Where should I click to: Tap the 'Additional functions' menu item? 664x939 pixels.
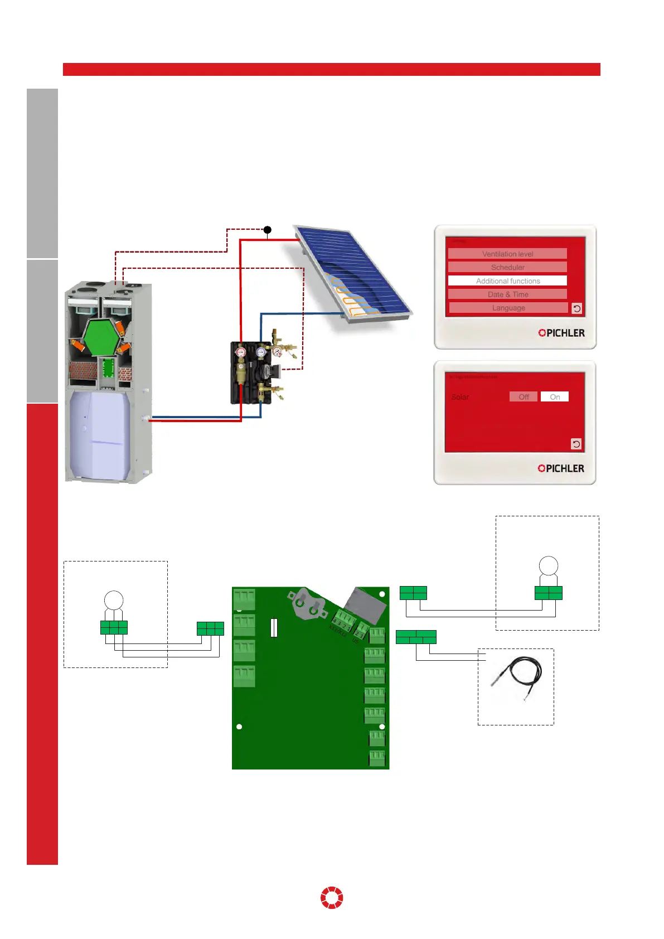[x=507, y=281]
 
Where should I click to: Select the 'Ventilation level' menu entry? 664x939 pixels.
[x=507, y=254]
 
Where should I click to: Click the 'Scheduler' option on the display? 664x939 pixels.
[x=507, y=267]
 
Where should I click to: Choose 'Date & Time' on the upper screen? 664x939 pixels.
[x=507, y=294]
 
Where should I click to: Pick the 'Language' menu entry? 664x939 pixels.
[x=508, y=308]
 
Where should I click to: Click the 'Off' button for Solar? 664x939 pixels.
[x=524, y=397]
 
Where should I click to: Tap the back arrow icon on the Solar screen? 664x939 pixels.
[x=576, y=444]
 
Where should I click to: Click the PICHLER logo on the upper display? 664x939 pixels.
[x=561, y=333]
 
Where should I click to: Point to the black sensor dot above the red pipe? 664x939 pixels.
[x=268, y=230]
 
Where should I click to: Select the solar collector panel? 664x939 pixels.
[x=352, y=273]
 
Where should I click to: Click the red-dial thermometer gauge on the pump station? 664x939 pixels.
[x=241, y=352]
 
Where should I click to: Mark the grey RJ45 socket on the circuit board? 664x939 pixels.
[x=365, y=605]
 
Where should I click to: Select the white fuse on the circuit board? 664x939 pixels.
[x=274, y=627]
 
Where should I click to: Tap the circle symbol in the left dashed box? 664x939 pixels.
[x=114, y=601]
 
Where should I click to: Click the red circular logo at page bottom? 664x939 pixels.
[x=332, y=898]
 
